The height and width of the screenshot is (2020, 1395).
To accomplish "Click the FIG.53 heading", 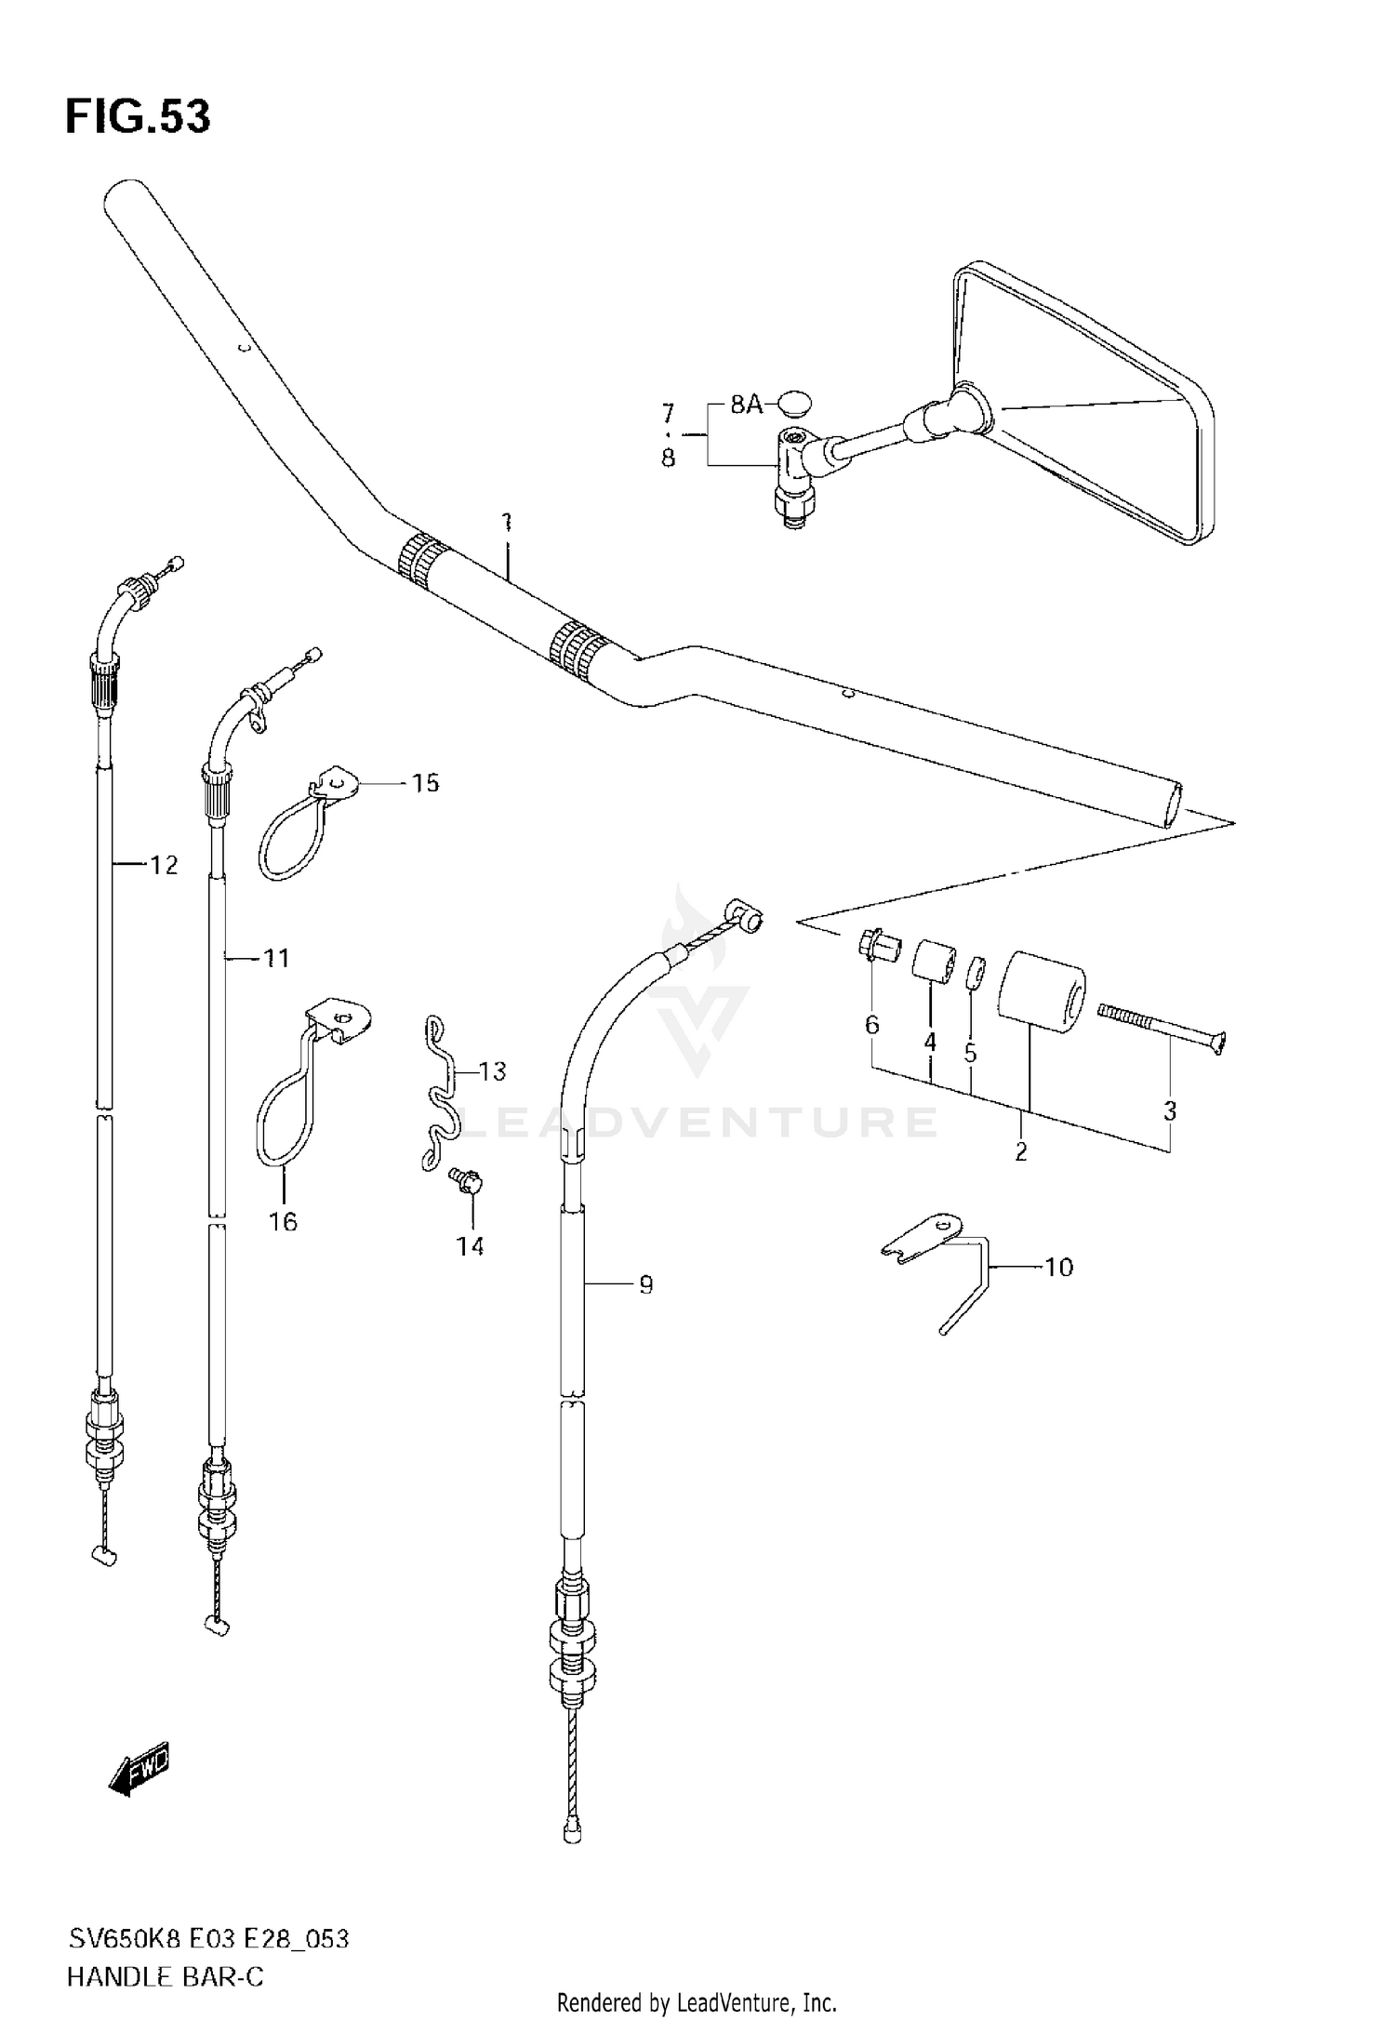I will pyautogui.click(x=138, y=118).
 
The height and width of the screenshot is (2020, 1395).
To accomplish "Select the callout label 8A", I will pyautogui.click(x=746, y=405).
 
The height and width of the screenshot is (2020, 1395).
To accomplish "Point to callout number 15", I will pyautogui.click(x=425, y=783).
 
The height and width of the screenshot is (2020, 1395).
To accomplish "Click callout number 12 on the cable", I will pyautogui.click(x=164, y=865).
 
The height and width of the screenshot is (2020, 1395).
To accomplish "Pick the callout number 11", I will pyautogui.click(x=276, y=957).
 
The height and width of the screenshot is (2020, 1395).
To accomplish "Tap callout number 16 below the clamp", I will pyautogui.click(x=283, y=1221).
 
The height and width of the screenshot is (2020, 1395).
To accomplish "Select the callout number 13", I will pyautogui.click(x=493, y=1071).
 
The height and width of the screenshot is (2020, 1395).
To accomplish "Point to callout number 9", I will pyautogui.click(x=645, y=1284).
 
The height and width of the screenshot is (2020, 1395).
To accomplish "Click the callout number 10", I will pyautogui.click(x=1059, y=1267).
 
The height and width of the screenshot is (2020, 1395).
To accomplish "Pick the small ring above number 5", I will pyautogui.click(x=975, y=974).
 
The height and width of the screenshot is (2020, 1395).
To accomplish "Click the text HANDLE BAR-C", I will pyautogui.click(x=165, y=1976).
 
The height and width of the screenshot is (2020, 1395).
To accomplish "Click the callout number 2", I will pyautogui.click(x=1020, y=1151).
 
